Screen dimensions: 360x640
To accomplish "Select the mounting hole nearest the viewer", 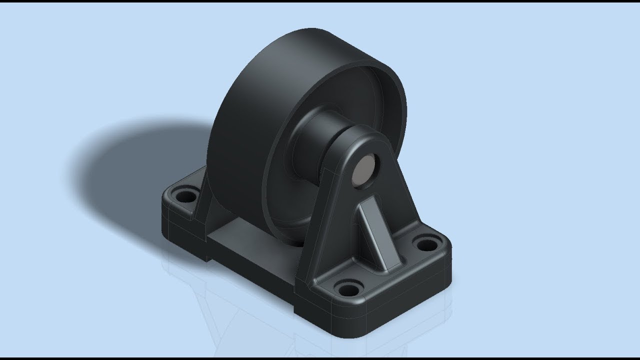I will pyautogui.click(x=346, y=288).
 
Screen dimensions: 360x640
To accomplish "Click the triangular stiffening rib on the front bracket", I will pyautogui.click(x=376, y=232).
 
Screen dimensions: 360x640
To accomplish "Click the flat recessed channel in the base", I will pyautogui.click(x=235, y=235).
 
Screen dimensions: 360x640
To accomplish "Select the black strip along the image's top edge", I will pyautogui.click(x=320, y=1).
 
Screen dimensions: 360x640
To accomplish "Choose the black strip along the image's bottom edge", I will pyautogui.click(x=320, y=358).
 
